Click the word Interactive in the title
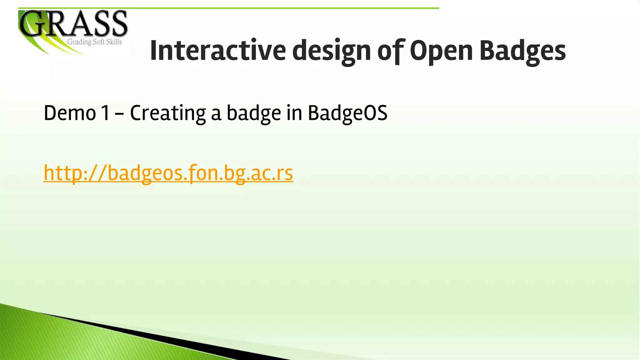(x=218, y=51)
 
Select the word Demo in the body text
(x=70, y=113)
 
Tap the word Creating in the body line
(x=167, y=113)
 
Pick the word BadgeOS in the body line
(x=347, y=113)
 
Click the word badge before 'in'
(x=253, y=113)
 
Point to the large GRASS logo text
(x=74, y=24)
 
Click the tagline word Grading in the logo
(x=79, y=42)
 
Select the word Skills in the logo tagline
(x=114, y=42)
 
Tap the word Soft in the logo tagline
(x=99, y=42)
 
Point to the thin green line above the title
(x=228, y=8)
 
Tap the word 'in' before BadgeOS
(x=294, y=113)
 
